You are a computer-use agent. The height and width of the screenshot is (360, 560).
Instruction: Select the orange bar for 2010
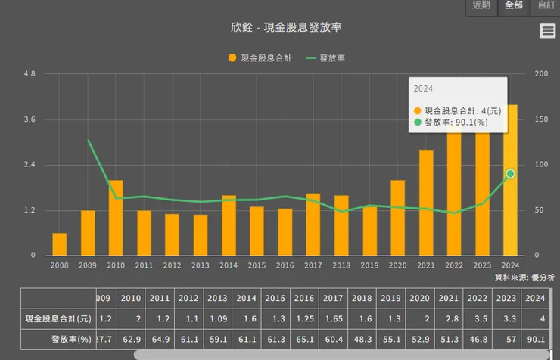[x=115, y=218]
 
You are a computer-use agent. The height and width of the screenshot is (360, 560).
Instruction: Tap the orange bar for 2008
[x=59, y=244]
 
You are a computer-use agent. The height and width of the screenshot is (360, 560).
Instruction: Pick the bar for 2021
[x=426, y=203]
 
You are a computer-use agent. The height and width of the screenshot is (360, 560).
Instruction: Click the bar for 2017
[x=313, y=224]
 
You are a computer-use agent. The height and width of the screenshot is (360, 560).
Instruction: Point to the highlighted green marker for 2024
[x=510, y=174]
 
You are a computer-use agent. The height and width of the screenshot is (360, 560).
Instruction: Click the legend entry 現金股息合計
[x=260, y=58]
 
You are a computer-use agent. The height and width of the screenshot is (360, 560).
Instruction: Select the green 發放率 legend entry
[x=326, y=58]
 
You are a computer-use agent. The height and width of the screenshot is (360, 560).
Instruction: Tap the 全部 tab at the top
[x=513, y=5]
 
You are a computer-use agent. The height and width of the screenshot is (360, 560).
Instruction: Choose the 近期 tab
[x=481, y=5]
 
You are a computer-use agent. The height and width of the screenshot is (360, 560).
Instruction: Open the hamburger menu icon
[x=548, y=30]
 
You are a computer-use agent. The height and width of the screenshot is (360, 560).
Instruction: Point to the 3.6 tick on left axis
[x=30, y=119]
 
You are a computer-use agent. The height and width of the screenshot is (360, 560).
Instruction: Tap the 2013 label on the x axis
[x=201, y=265]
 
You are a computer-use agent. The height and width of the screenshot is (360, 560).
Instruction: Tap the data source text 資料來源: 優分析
[x=524, y=278]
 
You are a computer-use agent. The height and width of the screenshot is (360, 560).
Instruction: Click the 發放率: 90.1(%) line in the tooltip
[x=455, y=122]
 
